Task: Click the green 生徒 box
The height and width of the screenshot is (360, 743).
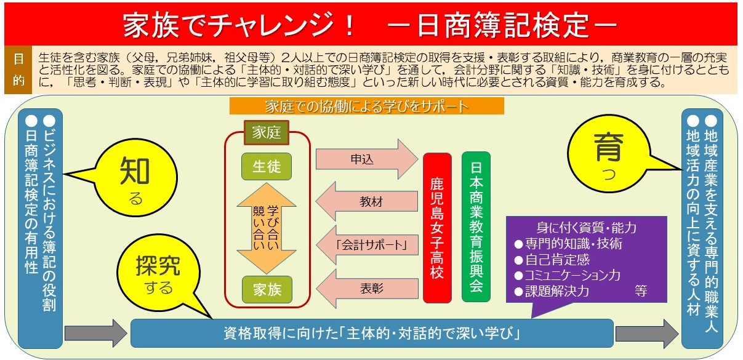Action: click(x=267, y=166)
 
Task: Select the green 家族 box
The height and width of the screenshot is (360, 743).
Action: click(x=267, y=289)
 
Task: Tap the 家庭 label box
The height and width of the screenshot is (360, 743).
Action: click(x=267, y=132)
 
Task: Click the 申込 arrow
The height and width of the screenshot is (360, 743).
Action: click(x=366, y=159)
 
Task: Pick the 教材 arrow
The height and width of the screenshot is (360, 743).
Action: click(x=366, y=201)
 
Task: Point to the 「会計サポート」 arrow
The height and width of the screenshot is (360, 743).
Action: click(x=367, y=245)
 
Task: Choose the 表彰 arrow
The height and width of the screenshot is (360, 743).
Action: click(x=367, y=289)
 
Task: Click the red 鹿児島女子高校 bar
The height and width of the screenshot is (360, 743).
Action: click(x=437, y=228)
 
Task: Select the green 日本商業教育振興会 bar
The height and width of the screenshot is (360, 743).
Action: click(x=476, y=226)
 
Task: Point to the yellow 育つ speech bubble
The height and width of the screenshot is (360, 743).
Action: click(x=609, y=154)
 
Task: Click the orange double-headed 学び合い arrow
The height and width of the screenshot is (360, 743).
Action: click(x=267, y=228)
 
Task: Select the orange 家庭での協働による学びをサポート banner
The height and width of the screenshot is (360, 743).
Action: click(x=366, y=106)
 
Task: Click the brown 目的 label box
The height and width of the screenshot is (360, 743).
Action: click(x=18, y=70)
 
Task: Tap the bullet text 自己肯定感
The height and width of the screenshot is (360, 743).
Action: click(x=557, y=260)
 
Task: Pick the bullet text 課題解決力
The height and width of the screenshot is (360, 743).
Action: click(x=557, y=291)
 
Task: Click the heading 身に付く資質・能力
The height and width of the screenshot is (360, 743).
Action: click(x=587, y=228)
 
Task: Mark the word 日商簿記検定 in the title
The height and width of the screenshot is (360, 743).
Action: click(x=502, y=25)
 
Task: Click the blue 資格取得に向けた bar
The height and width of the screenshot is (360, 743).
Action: click(x=372, y=333)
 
